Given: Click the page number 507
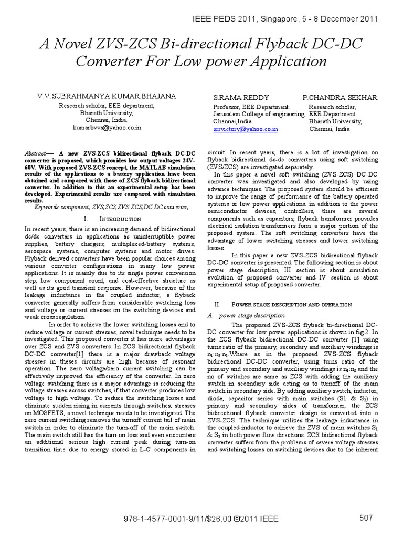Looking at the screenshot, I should coord(366,518).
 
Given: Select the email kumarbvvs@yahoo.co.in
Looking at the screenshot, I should coord(107,128).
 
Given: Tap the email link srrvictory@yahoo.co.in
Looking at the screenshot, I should coord(246,128).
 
